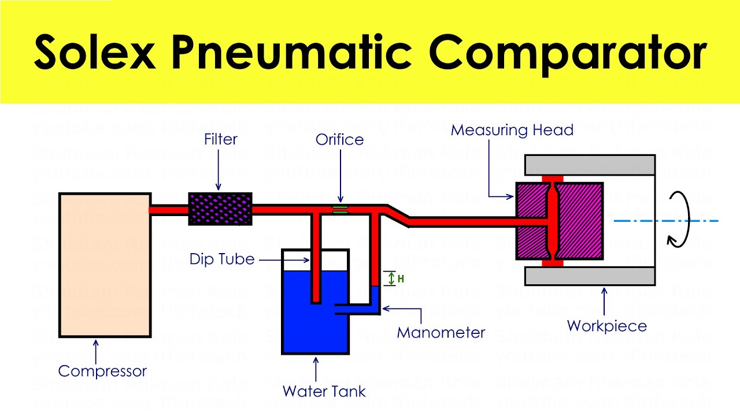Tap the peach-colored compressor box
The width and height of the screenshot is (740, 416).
[x=105, y=265]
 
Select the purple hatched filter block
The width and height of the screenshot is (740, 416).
[x=220, y=209]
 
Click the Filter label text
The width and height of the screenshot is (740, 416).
[x=220, y=139]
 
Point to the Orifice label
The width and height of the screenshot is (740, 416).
[x=339, y=140]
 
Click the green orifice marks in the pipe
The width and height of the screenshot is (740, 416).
[x=341, y=209]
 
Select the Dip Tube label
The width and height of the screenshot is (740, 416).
[x=222, y=259]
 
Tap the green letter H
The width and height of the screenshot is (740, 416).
[x=401, y=279]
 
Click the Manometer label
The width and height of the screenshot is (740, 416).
[x=441, y=333]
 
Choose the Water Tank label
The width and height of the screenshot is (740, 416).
[x=324, y=391]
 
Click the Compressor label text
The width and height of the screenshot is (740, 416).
[x=102, y=371]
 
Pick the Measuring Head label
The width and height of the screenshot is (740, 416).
[x=512, y=130]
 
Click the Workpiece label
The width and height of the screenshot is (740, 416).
[x=606, y=326]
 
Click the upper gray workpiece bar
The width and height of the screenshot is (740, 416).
[x=590, y=165]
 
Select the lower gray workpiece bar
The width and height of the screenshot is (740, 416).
[x=590, y=276]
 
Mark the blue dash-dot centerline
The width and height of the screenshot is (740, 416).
[x=665, y=221]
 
